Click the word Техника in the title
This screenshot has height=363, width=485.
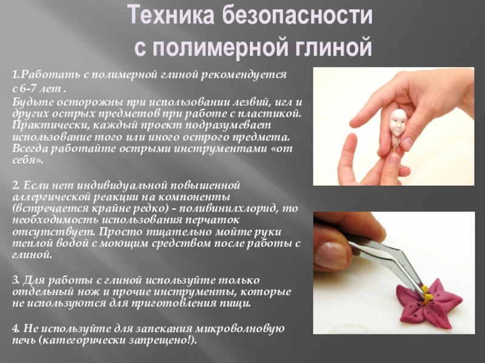[x=170, y=16]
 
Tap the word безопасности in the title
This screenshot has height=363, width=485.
[x=297, y=16]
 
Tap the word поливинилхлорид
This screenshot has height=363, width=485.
[x=229, y=208]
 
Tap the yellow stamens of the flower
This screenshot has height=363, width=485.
[x=427, y=295]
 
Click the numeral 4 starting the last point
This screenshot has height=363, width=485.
[x=15, y=329]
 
